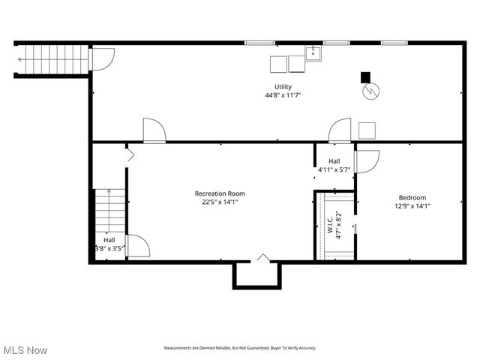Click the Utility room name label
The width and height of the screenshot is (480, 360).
pos(283,87)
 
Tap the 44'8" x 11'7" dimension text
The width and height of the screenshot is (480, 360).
pos(283,95)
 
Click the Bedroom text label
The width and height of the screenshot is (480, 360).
pos(412,197)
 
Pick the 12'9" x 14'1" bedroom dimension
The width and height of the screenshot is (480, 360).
pos(412,205)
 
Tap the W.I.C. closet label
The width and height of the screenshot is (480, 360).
pos(329,226)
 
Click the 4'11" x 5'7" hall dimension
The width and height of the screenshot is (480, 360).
pos(334,169)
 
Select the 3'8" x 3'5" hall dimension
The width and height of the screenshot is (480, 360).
pos(109,247)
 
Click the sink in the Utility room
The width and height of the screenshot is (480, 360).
pos(313,52)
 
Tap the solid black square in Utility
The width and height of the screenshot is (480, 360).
pos(365,76)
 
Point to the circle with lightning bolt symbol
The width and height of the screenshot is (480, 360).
pos(371,91)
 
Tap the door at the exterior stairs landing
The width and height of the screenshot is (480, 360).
pos(103,58)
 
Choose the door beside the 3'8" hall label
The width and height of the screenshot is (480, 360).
pos(137,247)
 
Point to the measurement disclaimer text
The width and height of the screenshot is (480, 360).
pos(240,348)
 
